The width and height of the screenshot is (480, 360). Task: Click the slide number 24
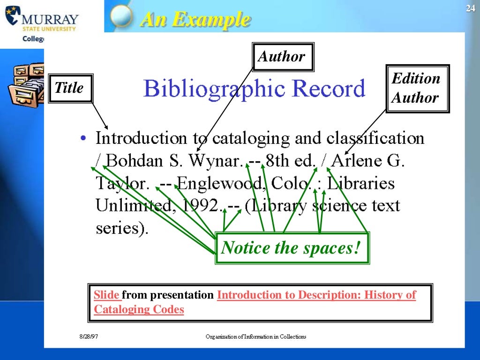(471, 9)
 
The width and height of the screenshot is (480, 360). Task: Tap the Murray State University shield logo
(13, 15)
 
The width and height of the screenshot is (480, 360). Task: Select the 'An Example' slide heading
(195, 19)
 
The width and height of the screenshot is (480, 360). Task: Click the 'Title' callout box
(69, 88)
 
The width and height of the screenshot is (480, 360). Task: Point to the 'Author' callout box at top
(282, 57)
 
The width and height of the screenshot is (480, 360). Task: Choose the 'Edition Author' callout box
(416, 88)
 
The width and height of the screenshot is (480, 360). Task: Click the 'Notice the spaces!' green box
(291, 248)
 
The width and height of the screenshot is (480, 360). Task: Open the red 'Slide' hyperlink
(107, 295)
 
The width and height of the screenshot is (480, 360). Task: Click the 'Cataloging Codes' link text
(139, 309)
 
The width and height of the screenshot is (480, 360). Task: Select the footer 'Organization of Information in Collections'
(256, 337)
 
